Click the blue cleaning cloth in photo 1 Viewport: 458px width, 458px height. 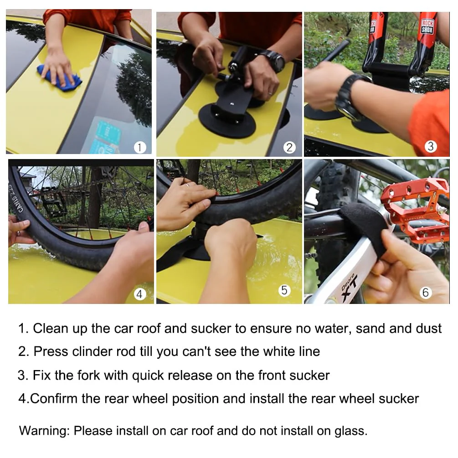(59, 77)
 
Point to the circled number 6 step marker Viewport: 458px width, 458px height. (426, 292)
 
